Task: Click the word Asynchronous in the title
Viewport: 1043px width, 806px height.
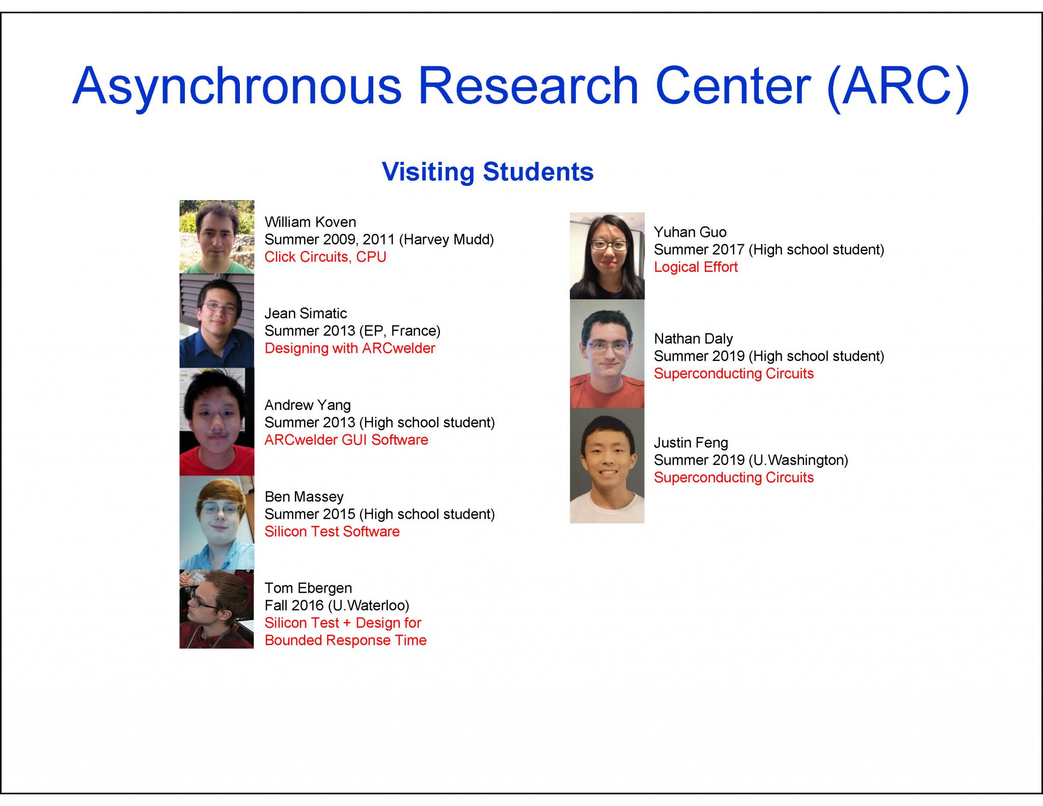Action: pyautogui.click(x=237, y=87)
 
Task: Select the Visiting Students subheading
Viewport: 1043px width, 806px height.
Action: pyautogui.click(x=487, y=172)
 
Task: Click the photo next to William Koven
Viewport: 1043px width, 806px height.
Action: pyautogui.click(x=216, y=237)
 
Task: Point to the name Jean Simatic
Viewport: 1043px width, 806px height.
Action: pyautogui.click(x=306, y=313)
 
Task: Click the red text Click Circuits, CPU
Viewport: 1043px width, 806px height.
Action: pyautogui.click(x=325, y=257)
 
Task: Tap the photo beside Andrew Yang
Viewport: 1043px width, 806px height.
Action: pyautogui.click(x=216, y=422)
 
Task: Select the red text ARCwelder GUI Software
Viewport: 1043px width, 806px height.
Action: pyautogui.click(x=346, y=440)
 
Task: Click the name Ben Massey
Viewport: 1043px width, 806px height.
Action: pyautogui.click(x=304, y=496)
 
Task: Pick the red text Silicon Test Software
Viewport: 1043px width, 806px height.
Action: pyautogui.click(x=332, y=532)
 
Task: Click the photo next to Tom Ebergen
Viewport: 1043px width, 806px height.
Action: pyautogui.click(x=216, y=609)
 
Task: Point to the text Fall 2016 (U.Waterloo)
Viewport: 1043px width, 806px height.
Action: pyautogui.click(x=337, y=605)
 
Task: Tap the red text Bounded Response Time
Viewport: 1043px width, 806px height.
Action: pyautogui.click(x=345, y=640)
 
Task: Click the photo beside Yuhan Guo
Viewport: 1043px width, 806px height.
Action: pyautogui.click(x=607, y=256)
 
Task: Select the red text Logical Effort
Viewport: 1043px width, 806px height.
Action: pyautogui.click(x=696, y=267)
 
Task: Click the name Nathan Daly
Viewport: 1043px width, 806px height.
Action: pyautogui.click(x=693, y=339)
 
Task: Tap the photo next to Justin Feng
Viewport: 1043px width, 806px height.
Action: pyautogui.click(x=607, y=466)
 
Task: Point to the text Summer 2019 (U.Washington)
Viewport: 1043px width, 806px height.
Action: pyautogui.click(x=751, y=460)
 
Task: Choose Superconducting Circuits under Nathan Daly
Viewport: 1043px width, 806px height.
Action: pyautogui.click(x=733, y=374)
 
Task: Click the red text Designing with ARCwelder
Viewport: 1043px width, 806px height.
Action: pyautogui.click(x=350, y=348)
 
